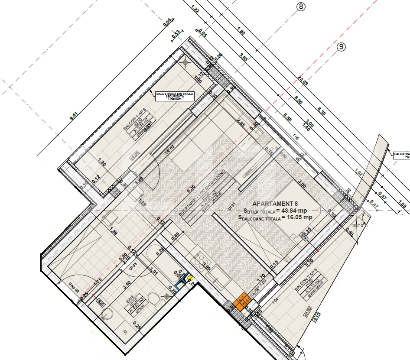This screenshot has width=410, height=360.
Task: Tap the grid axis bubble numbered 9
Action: pos(342,47)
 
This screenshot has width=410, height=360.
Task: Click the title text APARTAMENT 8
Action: pos(275,203)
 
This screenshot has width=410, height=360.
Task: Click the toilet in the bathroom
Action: pos(152,299)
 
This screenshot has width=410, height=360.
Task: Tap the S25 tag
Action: pos(101,302)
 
